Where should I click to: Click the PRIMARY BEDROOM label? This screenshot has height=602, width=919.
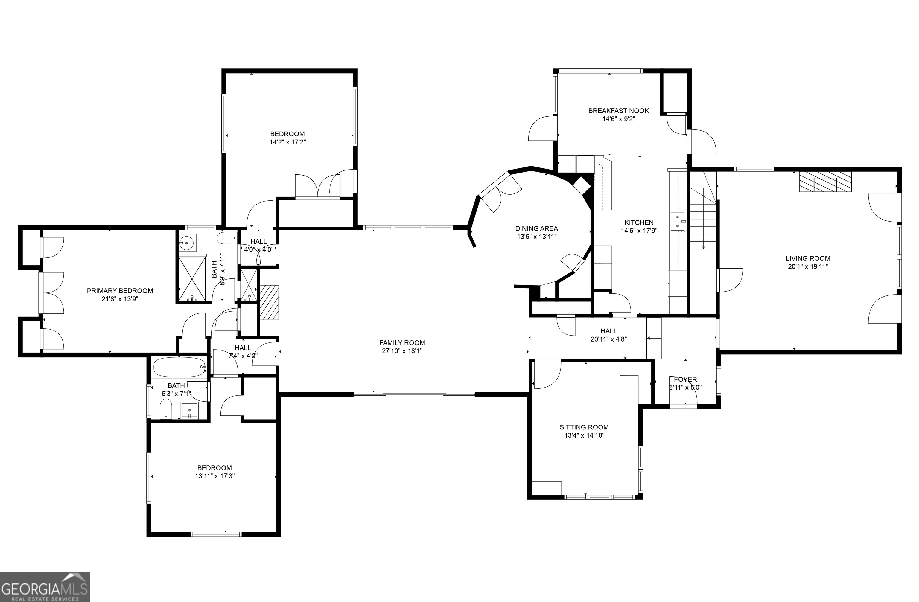[120, 291]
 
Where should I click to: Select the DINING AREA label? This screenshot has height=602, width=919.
[536, 228]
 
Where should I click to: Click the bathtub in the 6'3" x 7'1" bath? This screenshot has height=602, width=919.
[179, 367]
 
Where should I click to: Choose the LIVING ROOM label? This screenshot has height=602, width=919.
[808, 258]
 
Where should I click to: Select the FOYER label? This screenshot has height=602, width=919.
[685, 379]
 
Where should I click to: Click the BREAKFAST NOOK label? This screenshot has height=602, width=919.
[618, 111]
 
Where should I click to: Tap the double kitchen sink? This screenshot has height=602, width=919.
[677, 221]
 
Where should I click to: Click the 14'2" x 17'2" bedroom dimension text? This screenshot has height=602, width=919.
[288, 142]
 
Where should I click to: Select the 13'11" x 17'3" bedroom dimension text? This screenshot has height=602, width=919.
[215, 476]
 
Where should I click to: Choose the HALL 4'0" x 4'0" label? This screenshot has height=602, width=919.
[258, 241]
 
